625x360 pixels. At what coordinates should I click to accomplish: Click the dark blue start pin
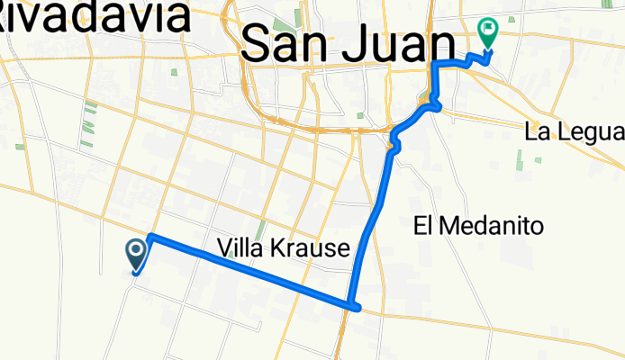[x=137, y=253]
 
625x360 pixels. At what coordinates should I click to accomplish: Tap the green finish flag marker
[x=489, y=32]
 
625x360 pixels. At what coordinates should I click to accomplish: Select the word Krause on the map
[x=311, y=248]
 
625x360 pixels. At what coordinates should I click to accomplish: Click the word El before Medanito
[x=426, y=226]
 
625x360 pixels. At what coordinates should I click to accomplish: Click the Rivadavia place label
[x=95, y=16]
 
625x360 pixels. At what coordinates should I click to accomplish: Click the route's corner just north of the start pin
[x=150, y=237]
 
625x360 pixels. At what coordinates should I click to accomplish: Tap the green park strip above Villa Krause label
[x=261, y=230]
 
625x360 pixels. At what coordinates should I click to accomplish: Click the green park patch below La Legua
[x=520, y=159]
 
